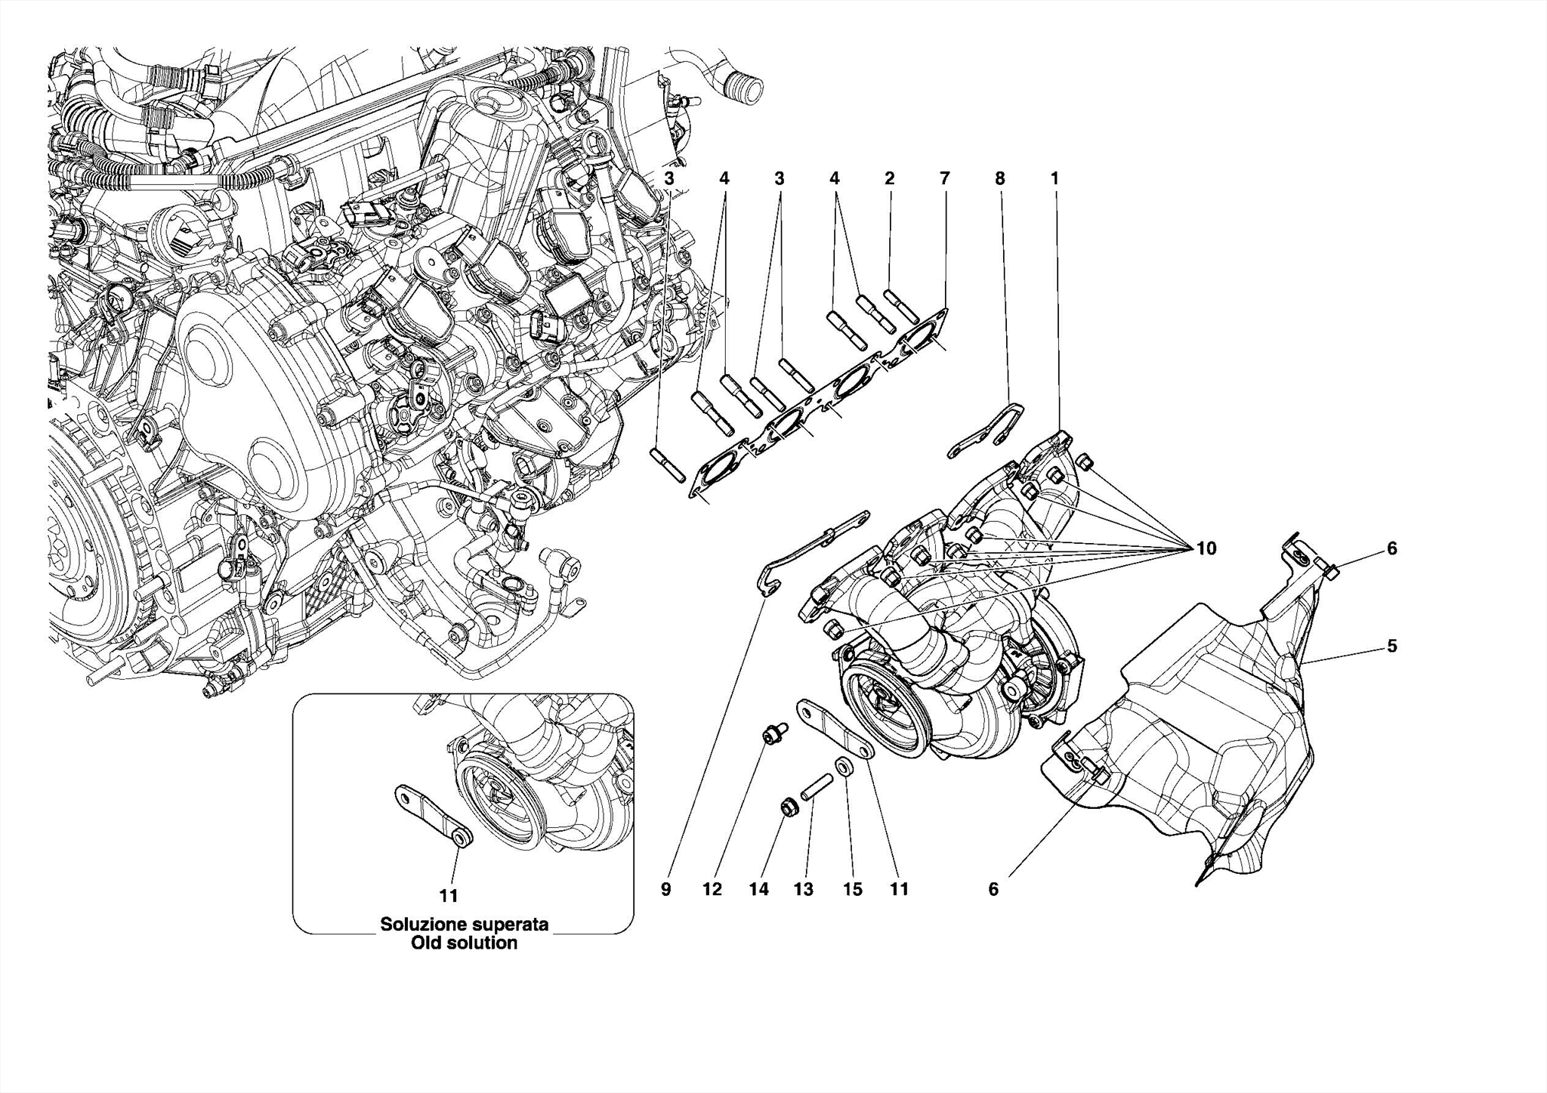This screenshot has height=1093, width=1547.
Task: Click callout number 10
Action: point(1206,548)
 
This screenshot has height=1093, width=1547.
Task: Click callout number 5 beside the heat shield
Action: point(1391,646)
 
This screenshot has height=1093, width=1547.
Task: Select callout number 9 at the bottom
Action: point(665,890)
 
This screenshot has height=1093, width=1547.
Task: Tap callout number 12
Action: point(712,890)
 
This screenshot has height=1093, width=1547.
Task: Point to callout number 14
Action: point(758,890)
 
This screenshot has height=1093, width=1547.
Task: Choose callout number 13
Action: point(804,890)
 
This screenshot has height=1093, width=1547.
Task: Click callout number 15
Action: point(852,890)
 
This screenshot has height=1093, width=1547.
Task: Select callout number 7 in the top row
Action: point(944,179)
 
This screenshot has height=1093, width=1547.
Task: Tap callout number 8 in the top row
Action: point(999,179)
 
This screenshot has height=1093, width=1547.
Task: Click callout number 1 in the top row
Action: point(1054,179)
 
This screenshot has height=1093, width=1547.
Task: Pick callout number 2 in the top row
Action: point(889,179)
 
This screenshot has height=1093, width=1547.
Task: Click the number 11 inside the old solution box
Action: point(449,896)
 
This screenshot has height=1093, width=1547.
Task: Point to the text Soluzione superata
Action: point(464,924)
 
